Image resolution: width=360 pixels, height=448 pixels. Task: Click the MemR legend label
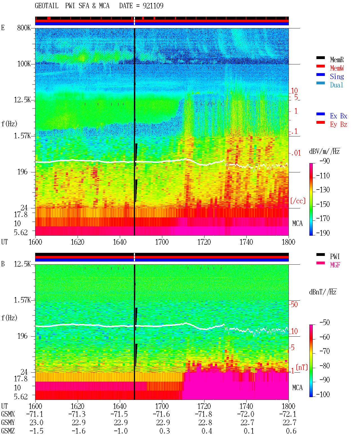pos(337,60)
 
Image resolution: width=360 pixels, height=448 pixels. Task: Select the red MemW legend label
pos(337,68)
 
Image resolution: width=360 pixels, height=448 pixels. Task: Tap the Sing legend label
pos(337,76)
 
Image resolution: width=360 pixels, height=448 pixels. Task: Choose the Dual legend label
pos(336,85)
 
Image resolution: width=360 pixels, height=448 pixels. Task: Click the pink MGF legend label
pos(335,265)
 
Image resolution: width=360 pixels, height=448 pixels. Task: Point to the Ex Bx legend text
pos(339,116)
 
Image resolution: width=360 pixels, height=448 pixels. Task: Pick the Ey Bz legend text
pos(339,125)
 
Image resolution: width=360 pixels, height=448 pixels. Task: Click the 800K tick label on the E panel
pos(24,28)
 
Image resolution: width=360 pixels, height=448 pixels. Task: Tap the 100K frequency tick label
pos(24,64)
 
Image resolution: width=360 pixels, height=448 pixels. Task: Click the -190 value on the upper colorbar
pos(323,233)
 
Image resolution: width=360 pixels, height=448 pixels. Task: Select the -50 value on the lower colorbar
pos(325,323)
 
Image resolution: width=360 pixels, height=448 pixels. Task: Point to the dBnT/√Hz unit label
pos(323,292)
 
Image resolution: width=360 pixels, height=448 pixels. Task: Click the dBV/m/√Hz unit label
pos(324,151)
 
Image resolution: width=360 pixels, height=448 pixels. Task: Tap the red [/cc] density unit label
pos(298,201)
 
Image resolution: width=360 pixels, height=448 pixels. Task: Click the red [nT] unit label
pos(302,367)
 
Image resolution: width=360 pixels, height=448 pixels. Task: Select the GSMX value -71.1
pos(35,414)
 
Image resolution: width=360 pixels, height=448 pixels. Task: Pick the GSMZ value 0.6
pos(291,431)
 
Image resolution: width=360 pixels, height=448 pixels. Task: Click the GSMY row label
pos(8,423)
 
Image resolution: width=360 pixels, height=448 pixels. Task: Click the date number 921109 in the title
pos(153,6)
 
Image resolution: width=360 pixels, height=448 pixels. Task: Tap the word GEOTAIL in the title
pos(47,6)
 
